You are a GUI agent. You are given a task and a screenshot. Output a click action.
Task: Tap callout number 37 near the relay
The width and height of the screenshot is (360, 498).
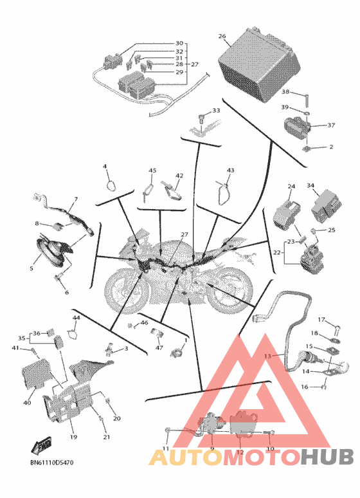point(331,125)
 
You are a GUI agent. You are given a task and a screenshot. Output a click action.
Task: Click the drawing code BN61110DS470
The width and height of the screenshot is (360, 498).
point(51,463)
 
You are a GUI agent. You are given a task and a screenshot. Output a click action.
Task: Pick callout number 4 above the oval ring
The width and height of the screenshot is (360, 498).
point(105,167)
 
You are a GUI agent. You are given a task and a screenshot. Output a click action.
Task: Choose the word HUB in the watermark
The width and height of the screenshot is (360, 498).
point(327,457)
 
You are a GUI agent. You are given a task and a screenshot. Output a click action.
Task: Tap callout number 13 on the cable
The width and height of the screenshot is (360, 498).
point(267,356)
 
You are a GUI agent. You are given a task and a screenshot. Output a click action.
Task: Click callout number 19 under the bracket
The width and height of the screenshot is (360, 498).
point(73,437)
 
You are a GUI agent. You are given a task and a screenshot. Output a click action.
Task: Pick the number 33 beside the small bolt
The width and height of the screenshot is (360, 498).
point(216,111)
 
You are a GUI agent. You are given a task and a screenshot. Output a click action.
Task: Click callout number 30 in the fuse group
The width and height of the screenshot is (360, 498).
point(179,43)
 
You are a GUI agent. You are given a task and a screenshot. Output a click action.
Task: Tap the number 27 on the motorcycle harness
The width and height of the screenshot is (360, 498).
point(184,235)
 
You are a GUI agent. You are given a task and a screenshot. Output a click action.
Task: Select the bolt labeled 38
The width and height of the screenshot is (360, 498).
point(307,100)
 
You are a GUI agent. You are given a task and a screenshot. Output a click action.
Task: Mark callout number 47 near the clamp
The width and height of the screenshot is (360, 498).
point(159,348)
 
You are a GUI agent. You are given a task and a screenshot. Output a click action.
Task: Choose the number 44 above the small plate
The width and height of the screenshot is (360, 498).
point(76,318)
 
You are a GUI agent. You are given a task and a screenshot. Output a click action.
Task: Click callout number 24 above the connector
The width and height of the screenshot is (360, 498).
point(291,187)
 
